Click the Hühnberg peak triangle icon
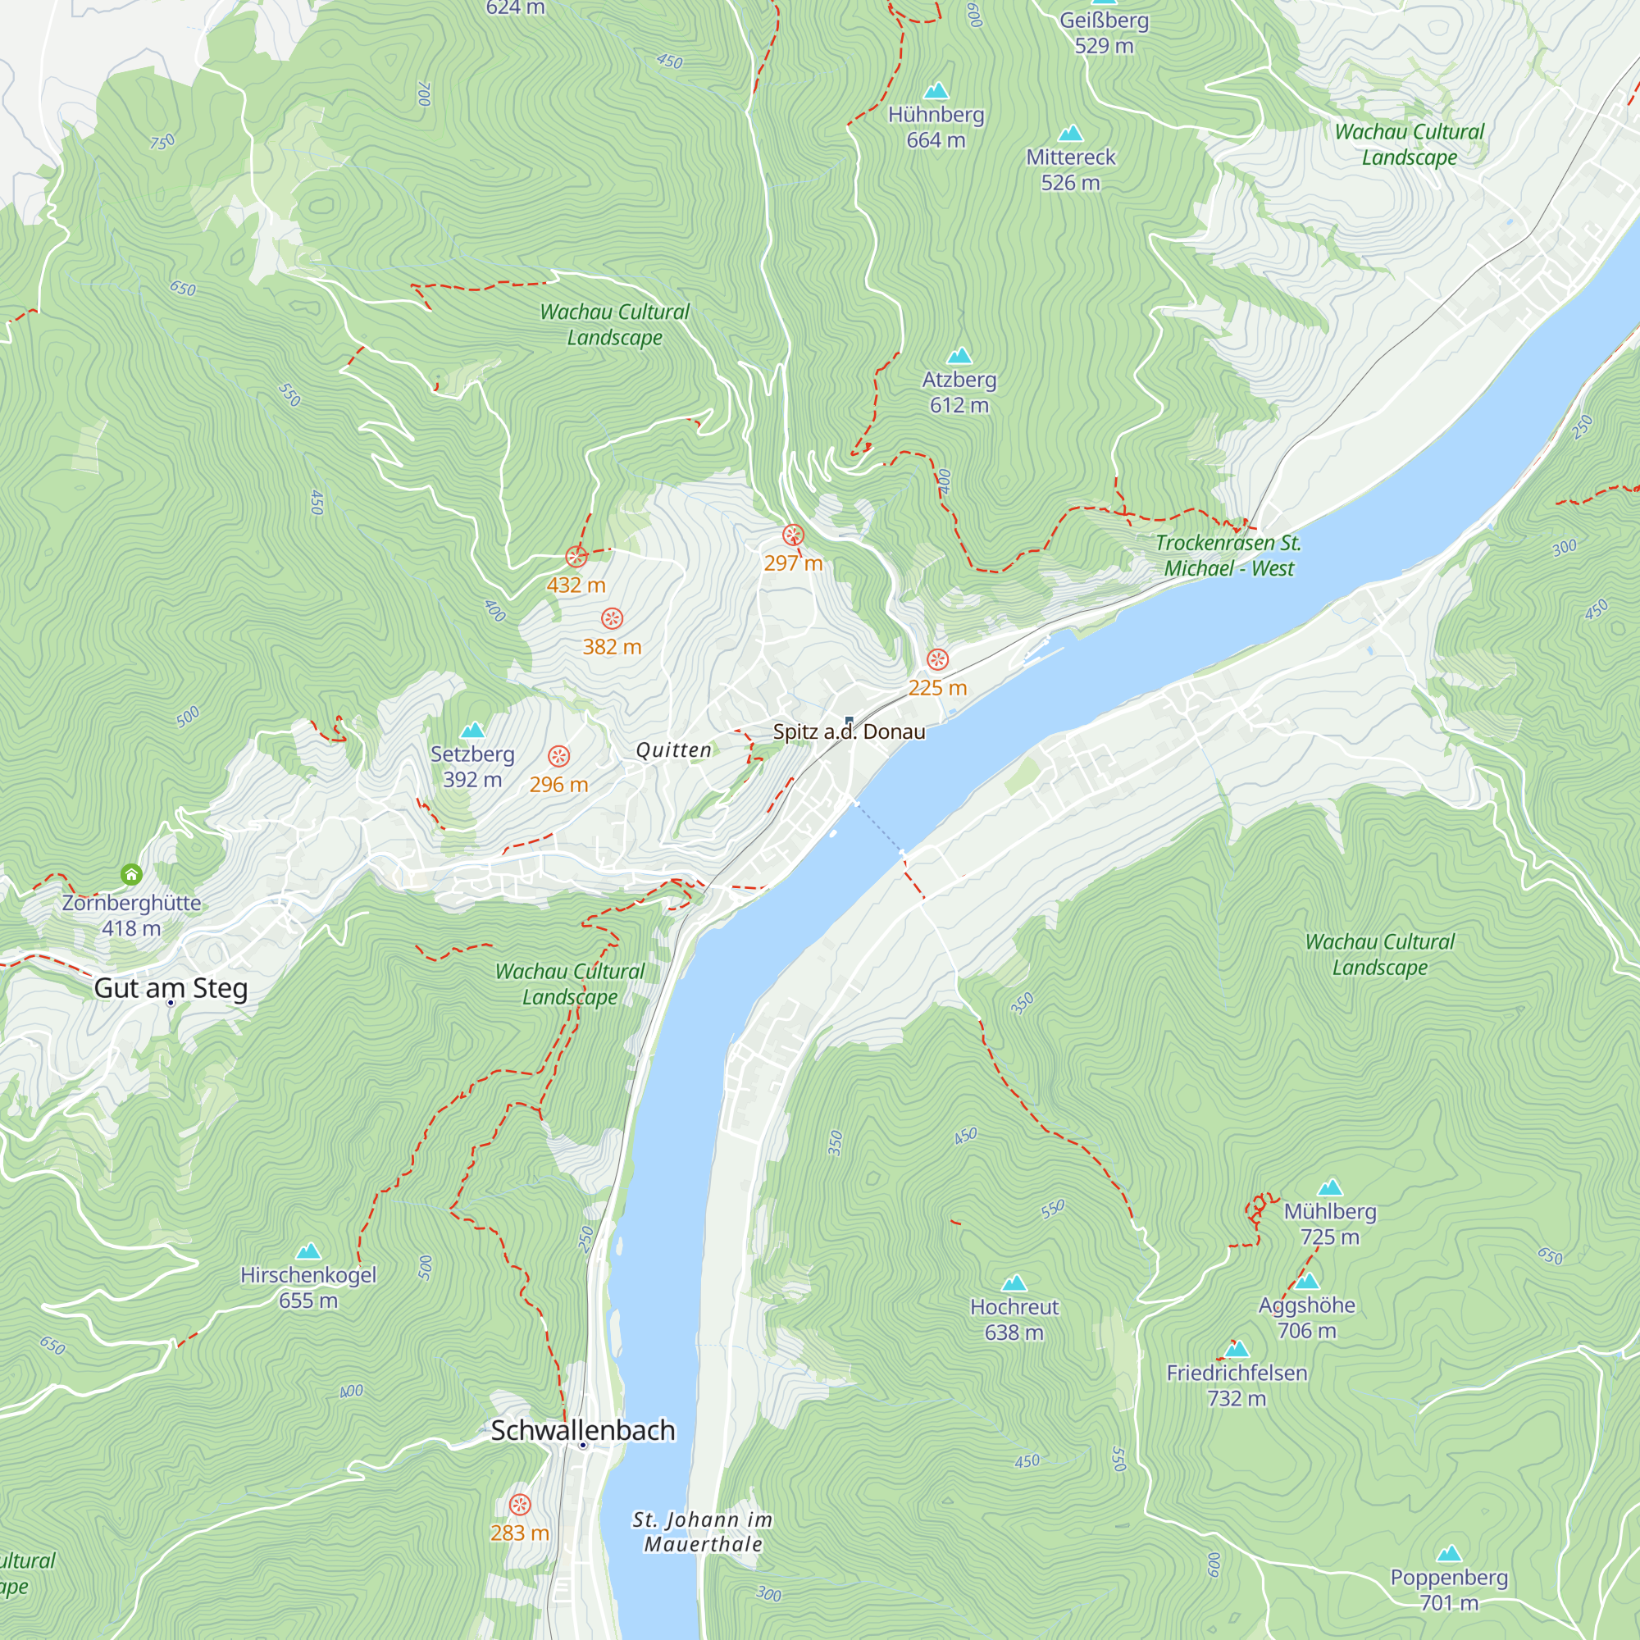[x=936, y=91]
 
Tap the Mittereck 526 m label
[x=1070, y=169]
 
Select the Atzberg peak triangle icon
[x=959, y=356]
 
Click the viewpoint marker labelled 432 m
[x=576, y=557]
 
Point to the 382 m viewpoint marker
[x=612, y=618]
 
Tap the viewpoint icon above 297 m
[x=793, y=535]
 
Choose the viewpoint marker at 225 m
[x=937, y=659]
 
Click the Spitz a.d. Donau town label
[x=849, y=731]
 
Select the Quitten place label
[x=674, y=750]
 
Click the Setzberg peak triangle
[x=472, y=730]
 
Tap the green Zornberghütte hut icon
[x=130, y=874]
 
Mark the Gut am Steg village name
[x=171, y=988]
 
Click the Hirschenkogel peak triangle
[x=308, y=1251]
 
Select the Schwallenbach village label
[x=583, y=1430]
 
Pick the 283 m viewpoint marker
[x=520, y=1505]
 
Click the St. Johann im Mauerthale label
[x=703, y=1531]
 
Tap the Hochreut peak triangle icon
[x=1014, y=1283]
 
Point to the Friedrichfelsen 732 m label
[x=1237, y=1384]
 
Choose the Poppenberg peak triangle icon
[x=1449, y=1554]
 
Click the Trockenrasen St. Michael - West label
[x=1228, y=555]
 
